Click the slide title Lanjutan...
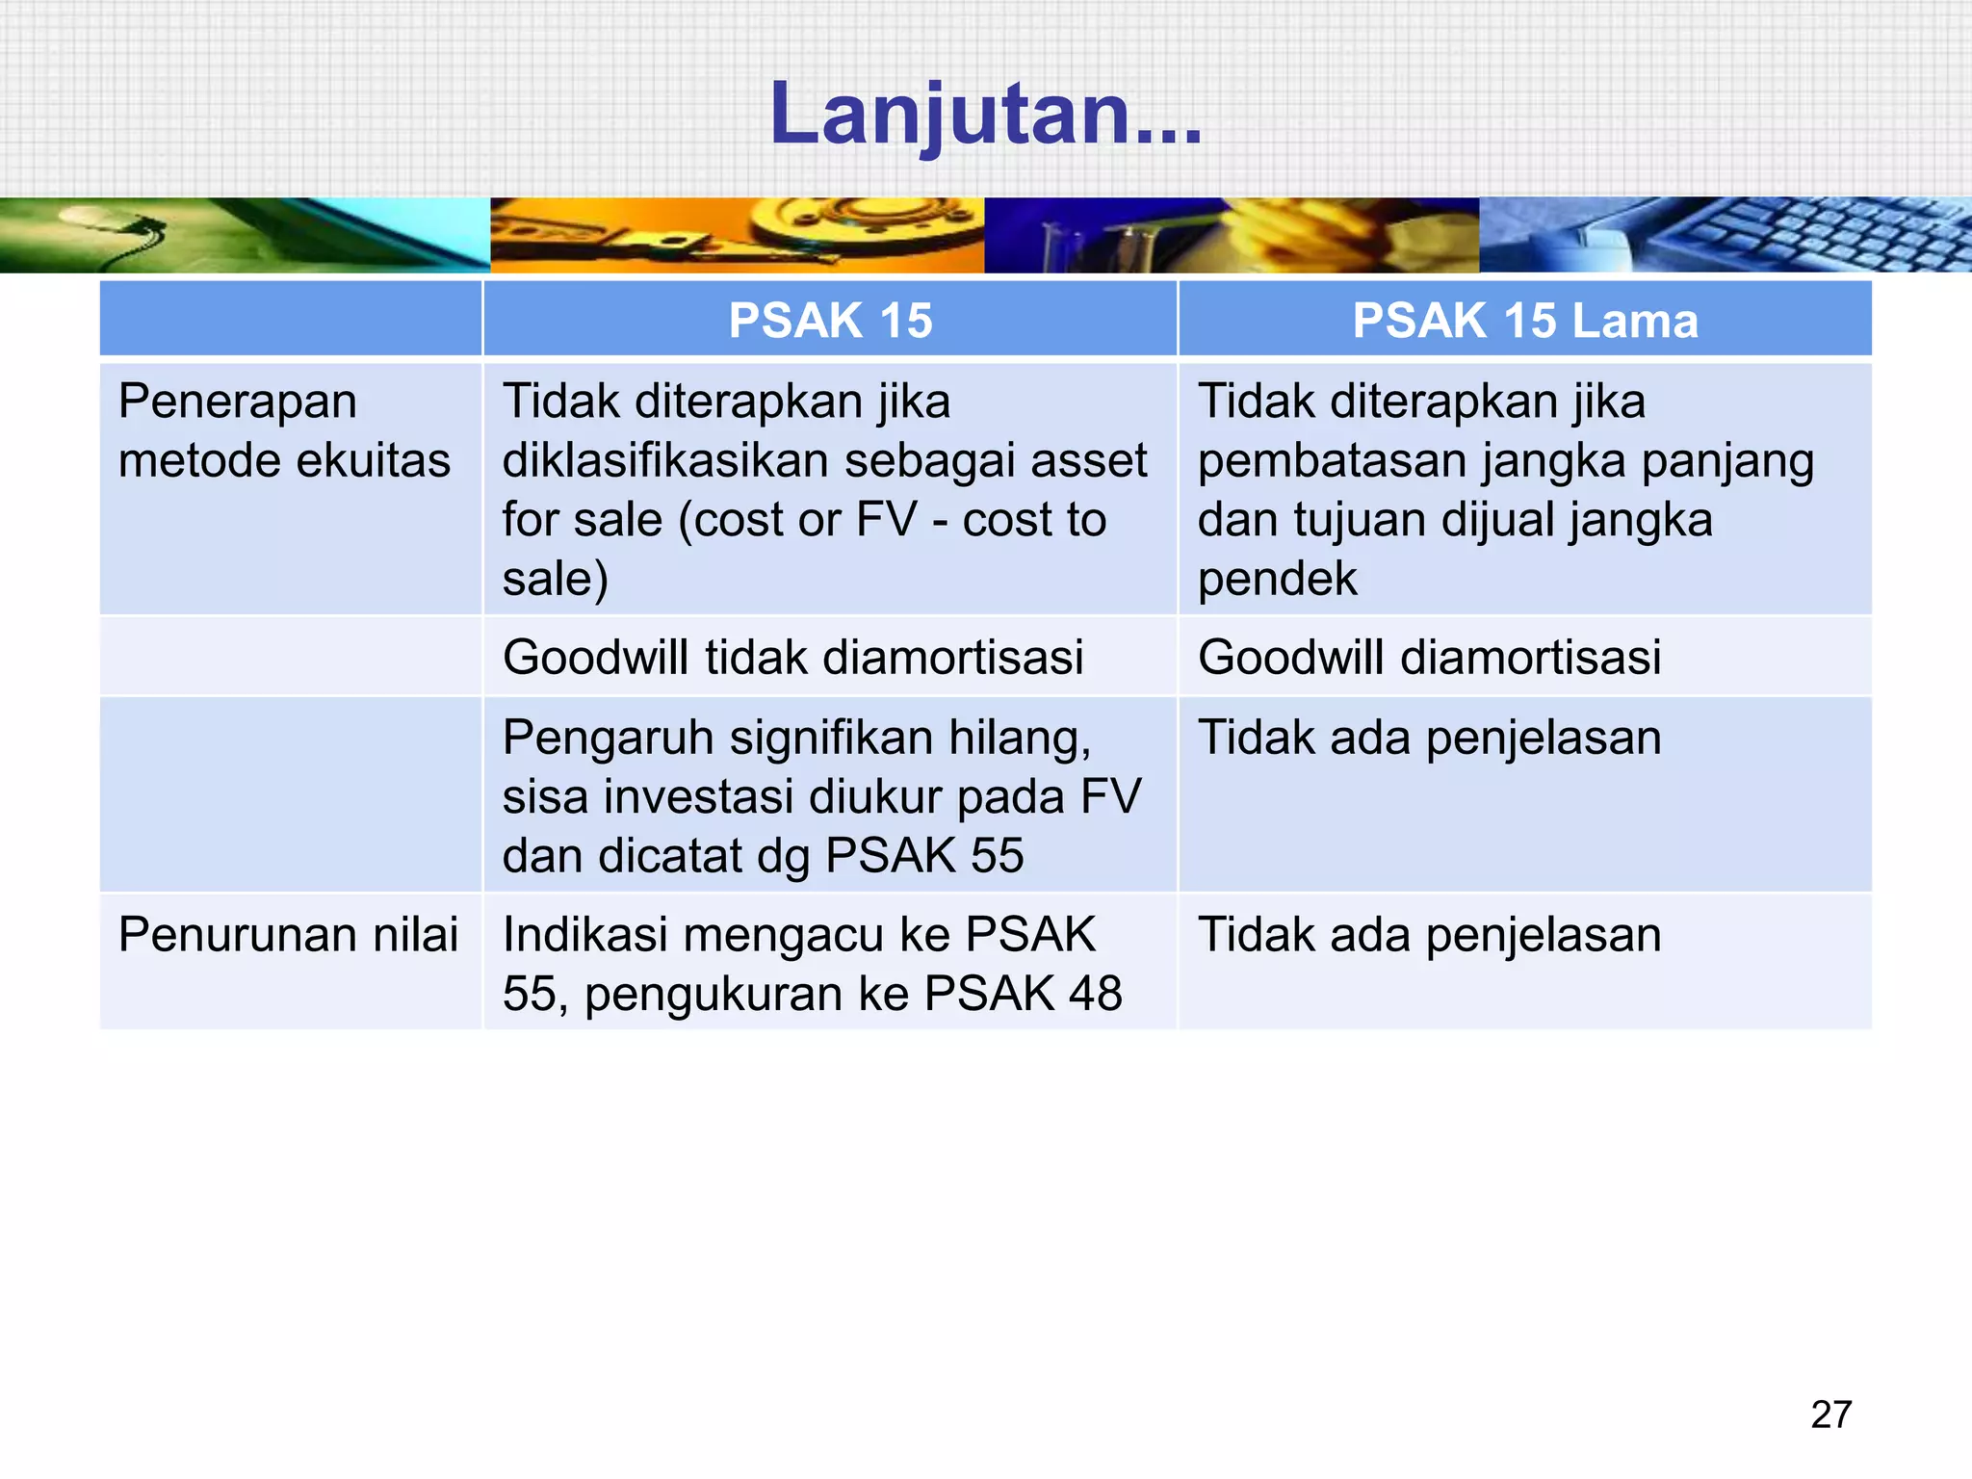(x=985, y=115)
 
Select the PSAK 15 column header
(x=830, y=321)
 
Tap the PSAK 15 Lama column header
(x=1524, y=321)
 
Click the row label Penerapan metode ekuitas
(x=284, y=430)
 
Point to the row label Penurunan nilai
(x=288, y=935)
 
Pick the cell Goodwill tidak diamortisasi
(x=792, y=658)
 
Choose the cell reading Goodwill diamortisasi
(x=1429, y=658)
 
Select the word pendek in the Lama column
(x=1277, y=580)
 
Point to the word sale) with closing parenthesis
(x=556, y=580)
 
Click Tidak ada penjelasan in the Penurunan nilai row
(x=1429, y=935)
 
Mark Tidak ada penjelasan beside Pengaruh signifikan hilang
(x=1429, y=739)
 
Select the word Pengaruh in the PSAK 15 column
(x=608, y=739)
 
